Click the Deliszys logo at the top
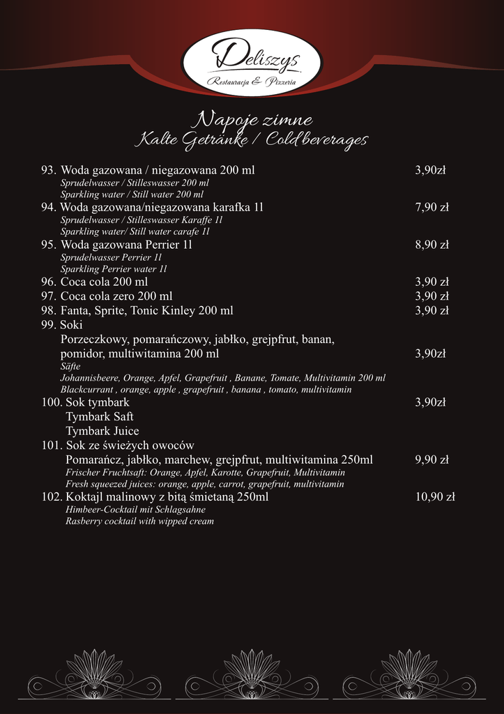tap(252, 62)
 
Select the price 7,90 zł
tap(432, 207)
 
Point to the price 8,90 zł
tap(432, 245)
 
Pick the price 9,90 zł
tap(432, 459)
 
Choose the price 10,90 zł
tap(435, 496)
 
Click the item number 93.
tap(48, 170)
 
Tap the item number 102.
tap(52, 497)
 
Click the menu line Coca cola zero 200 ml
tap(116, 296)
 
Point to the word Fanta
tap(75, 310)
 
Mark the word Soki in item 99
tap(71, 325)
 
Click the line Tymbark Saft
tap(94, 416)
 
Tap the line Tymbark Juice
tap(102, 431)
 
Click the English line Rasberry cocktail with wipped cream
tap(139, 521)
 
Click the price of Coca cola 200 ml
tap(432, 282)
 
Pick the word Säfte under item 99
tap(70, 366)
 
